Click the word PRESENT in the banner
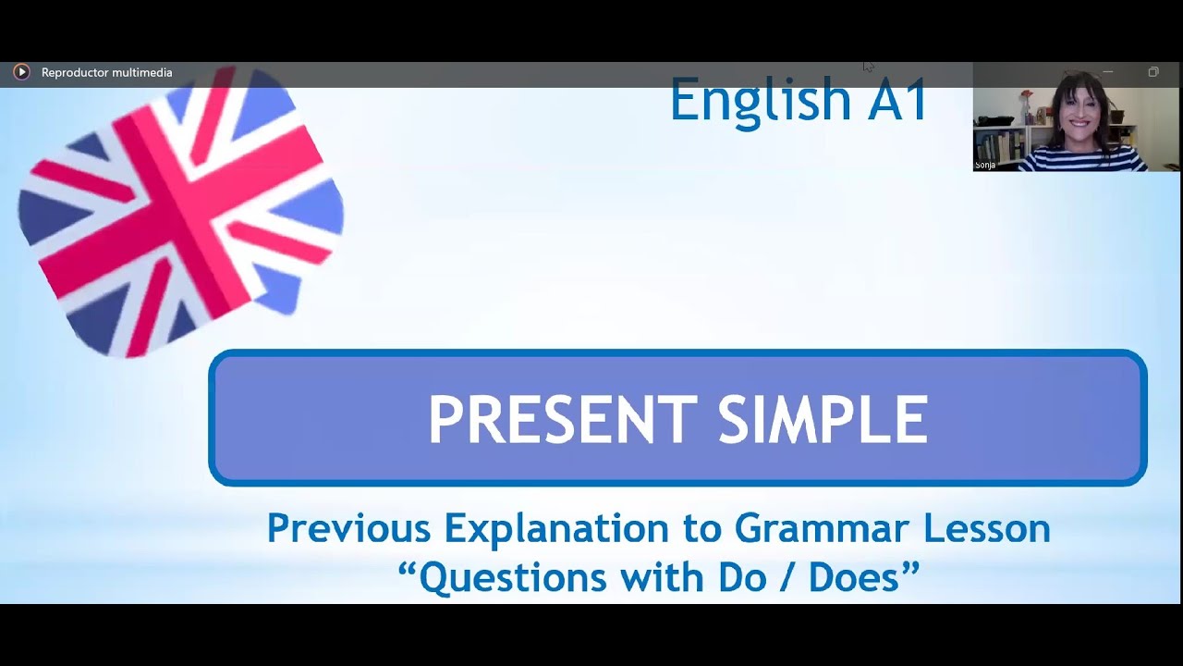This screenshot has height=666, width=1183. point(562,420)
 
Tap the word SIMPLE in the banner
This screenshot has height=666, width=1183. point(823,420)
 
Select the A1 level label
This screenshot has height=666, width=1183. point(897,100)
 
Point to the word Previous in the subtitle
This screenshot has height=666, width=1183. point(348,528)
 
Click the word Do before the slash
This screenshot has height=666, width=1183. point(741,578)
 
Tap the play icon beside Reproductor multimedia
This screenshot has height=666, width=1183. point(21,72)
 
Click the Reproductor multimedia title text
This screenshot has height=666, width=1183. point(106,72)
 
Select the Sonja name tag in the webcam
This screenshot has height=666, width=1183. point(984,166)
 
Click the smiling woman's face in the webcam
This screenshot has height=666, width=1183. point(1079,110)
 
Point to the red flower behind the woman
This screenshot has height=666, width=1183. point(1025,94)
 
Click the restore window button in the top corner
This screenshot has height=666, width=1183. point(1153,72)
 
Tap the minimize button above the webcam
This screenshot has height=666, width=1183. point(1108,72)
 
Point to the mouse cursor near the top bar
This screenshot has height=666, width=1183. point(868,66)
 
